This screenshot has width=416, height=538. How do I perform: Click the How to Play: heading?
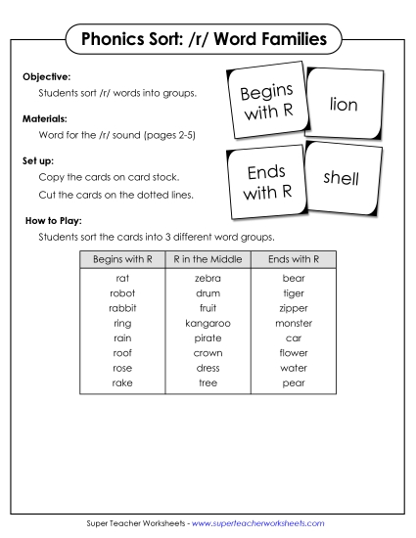[x=54, y=221]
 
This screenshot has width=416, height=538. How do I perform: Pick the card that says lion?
[x=345, y=103]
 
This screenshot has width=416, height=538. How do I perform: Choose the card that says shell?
[x=342, y=178]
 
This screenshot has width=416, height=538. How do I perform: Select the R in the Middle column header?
[x=208, y=259]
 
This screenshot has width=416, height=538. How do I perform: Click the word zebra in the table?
[x=208, y=279]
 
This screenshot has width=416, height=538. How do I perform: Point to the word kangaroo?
[x=208, y=323]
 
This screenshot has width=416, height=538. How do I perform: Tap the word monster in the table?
[x=294, y=323]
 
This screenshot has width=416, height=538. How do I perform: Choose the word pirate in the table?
[x=208, y=337]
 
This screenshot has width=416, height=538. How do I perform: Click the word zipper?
[x=294, y=308]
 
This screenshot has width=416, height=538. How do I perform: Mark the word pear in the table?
[x=294, y=382]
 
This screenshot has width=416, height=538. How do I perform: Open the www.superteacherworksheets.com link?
[x=258, y=523]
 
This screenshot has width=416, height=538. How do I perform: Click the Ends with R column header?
[x=294, y=259]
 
